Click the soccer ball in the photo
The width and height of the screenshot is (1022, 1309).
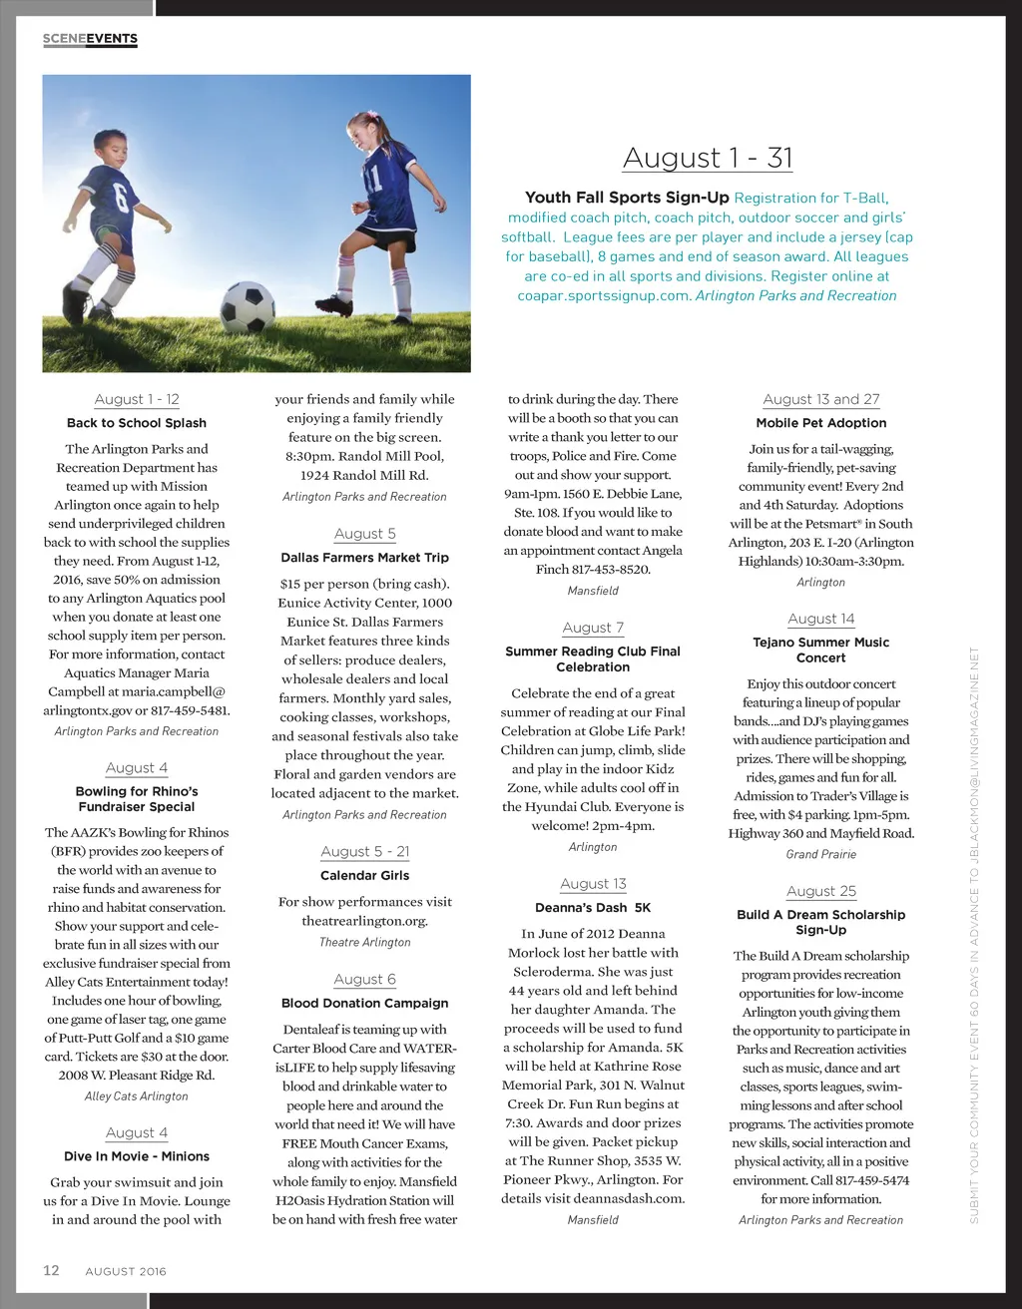pos(248,307)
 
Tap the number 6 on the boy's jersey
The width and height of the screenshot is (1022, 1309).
pos(121,196)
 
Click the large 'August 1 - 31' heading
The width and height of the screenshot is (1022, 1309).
pos(708,158)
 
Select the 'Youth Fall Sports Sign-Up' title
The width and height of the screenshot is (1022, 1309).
pos(627,198)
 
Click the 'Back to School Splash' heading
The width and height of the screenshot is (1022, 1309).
pos(137,423)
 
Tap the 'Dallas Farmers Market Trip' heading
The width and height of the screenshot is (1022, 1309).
pos(364,558)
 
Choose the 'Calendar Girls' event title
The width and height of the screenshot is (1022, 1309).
pos(364,875)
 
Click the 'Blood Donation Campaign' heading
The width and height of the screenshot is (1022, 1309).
pos(364,1003)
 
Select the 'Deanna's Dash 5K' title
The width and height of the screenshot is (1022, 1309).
pos(593,908)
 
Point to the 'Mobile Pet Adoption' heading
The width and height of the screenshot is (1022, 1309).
pos(821,423)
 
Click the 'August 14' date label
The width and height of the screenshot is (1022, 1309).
pos(821,619)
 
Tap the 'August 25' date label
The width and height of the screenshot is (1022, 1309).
pos(821,891)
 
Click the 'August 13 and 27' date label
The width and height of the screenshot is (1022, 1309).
pos(821,399)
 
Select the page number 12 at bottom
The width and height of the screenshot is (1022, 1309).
pos(51,1270)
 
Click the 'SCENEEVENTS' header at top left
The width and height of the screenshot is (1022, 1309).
pos(90,39)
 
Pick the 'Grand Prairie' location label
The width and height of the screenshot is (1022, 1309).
pos(821,854)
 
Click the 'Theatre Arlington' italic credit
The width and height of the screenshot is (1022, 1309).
pos(364,942)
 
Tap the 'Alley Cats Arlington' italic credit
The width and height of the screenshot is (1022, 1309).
pos(137,1095)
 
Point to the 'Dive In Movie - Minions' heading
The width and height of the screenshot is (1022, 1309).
pos(137,1156)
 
